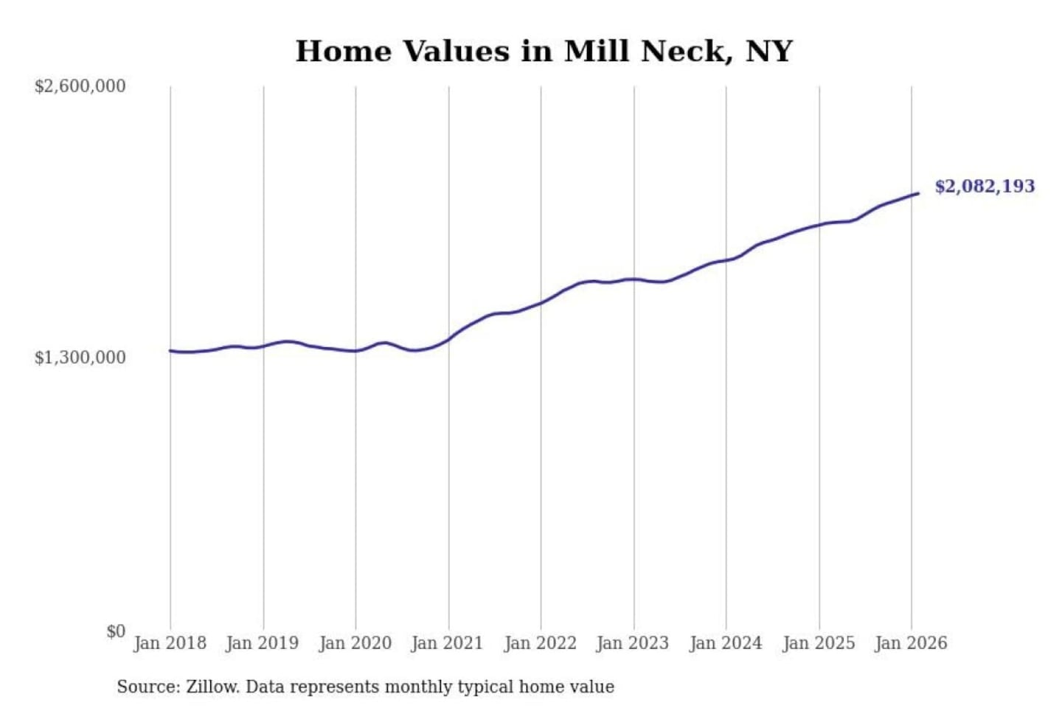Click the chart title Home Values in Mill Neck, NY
(544, 52)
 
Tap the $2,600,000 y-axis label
(80, 86)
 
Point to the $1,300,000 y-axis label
(80, 358)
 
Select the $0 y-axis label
(116, 631)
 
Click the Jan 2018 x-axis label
(170, 643)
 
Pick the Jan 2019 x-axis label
(263, 643)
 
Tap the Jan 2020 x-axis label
(355, 643)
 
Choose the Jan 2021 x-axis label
(447, 643)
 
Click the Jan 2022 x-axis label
(540, 643)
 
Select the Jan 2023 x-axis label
(632, 643)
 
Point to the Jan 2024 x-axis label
(725, 643)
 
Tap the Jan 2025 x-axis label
(818, 643)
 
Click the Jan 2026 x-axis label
(910, 643)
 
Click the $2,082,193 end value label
(985, 186)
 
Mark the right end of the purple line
(918, 193)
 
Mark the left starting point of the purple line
(170, 350)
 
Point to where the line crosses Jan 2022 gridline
(541, 302)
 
